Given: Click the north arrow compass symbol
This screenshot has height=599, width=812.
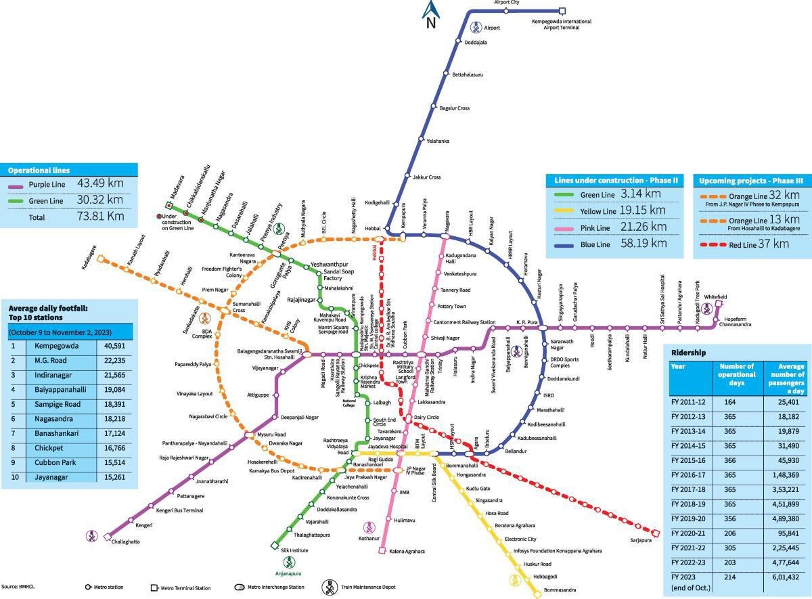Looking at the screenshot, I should click(x=430, y=14).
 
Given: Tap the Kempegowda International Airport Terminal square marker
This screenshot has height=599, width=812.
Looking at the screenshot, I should click(x=562, y=11).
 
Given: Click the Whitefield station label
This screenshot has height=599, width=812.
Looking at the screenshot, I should click(x=715, y=296).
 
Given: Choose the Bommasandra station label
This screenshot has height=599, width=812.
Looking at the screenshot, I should click(x=560, y=590).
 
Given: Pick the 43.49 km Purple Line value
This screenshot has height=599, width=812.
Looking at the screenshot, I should click(x=100, y=183).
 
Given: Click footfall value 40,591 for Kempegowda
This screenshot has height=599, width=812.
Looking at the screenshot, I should click(x=114, y=345).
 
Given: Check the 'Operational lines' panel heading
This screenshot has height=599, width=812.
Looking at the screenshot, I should click(x=39, y=171).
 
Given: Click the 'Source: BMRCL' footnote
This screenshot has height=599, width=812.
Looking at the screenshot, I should click(x=18, y=586).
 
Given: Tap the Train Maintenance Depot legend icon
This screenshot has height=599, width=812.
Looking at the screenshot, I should click(x=330, y=587).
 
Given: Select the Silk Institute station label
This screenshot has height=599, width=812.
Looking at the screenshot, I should click(x=295, y=550).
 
